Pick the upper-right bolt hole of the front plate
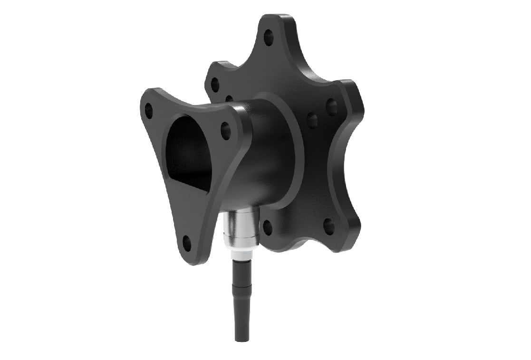pyautogui.click(x=225, y=127)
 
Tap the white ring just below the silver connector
pyautogui.click(x=241, y=255)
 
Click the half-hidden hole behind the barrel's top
pyautogui.click(x=229, y=99)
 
